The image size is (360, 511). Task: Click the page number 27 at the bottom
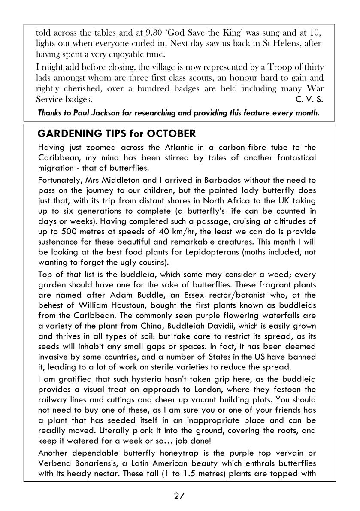pos(179,496)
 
